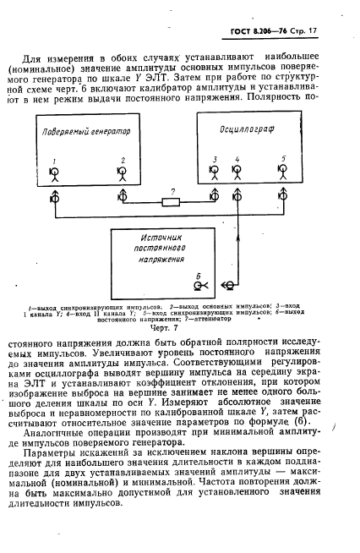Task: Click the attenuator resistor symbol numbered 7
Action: [174, 201]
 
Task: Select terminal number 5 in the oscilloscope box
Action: [283, 174]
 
